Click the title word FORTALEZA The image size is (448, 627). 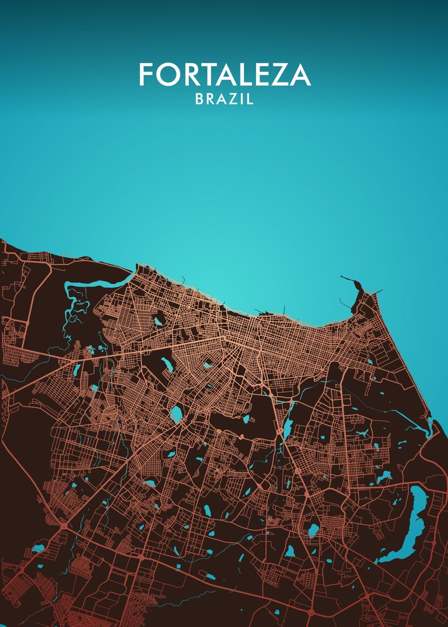point(225,75)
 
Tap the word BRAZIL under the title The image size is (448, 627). point(224,99)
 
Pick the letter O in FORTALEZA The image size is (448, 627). point(166,75)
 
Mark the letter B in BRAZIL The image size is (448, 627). point(199,99)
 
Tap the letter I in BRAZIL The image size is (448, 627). point(244,99)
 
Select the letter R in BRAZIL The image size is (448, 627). point(210,99)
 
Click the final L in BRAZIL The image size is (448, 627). point(250,99)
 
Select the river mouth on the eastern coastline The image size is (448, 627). point(431,428)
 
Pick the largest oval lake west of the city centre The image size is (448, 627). point(176,414)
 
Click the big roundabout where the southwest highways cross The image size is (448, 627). point(63,524)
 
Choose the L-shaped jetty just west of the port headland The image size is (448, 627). point(345,303)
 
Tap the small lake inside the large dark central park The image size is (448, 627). point(245,419)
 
